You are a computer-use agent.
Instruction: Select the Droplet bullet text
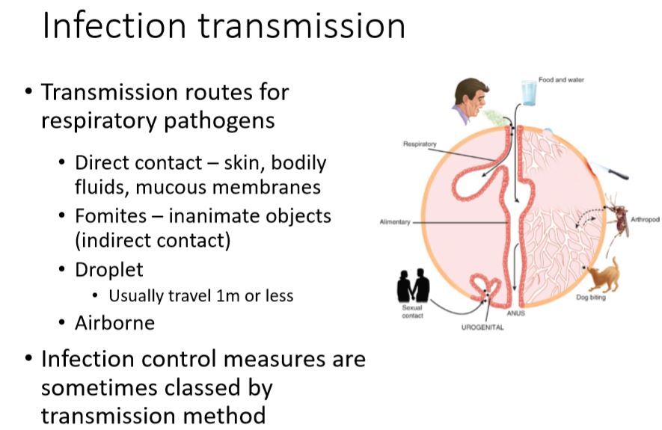coord(108,269)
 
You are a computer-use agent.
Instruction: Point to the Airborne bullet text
coord(114,323)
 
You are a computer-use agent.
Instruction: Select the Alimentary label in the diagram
coord(394,222)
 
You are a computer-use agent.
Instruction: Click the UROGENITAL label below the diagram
coord(482,328)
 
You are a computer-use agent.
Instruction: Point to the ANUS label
coord(516,313)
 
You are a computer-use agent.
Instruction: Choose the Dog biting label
coord(591,298)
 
